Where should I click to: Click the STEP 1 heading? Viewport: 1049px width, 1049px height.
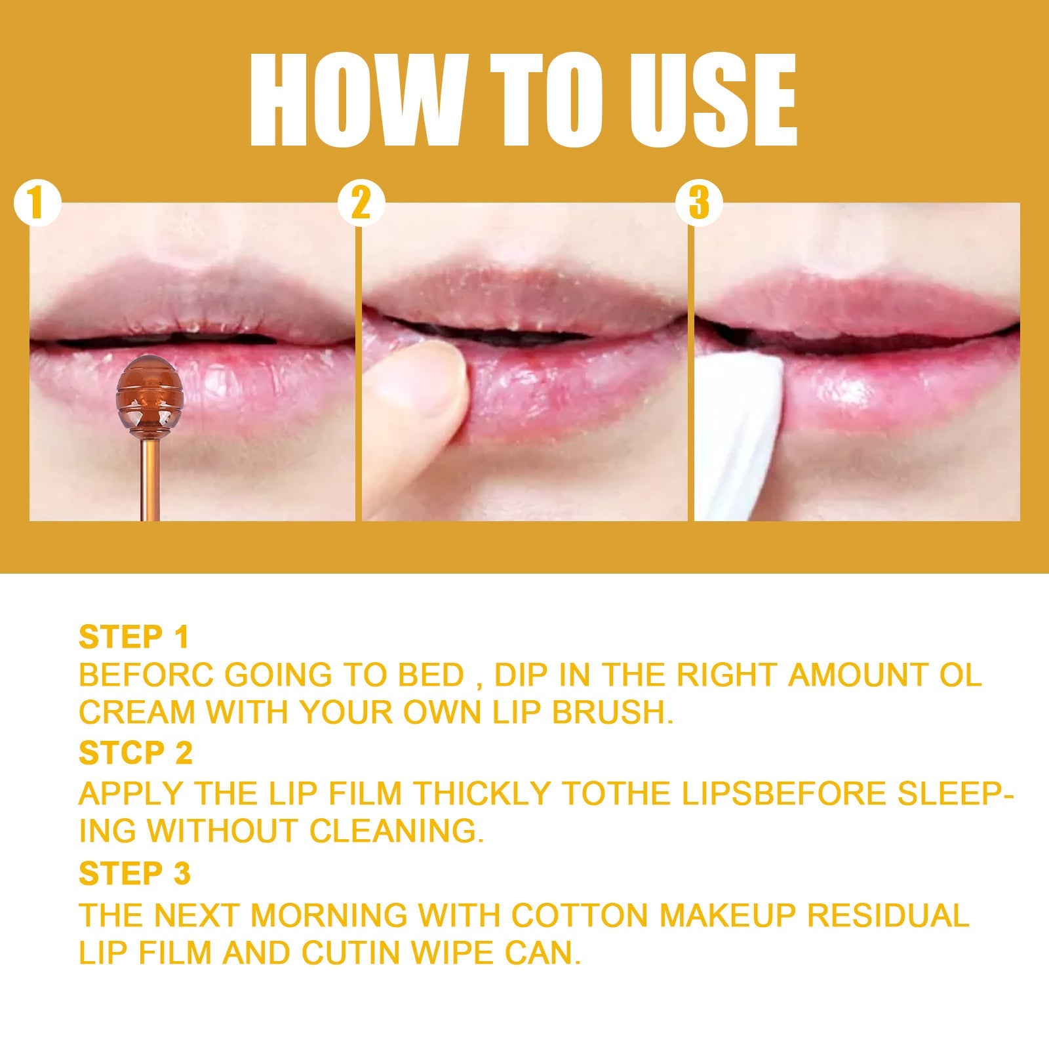[x=134, y=637]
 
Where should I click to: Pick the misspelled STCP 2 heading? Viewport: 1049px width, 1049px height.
[x=136, y=753]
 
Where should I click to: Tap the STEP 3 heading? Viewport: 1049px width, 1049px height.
[x=134, y=873]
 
